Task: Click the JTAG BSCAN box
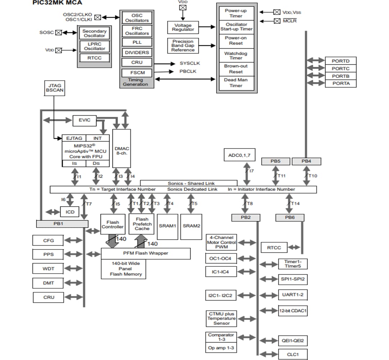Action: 54,88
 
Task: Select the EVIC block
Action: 85,120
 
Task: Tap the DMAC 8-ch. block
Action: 122,148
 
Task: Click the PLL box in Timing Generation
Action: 137,42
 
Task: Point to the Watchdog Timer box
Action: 236,56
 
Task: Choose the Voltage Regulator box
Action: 183,27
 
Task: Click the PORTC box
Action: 340,68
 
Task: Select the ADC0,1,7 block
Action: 240,155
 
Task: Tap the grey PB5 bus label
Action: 276,161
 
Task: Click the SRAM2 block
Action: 191,226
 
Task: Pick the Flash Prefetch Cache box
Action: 142,224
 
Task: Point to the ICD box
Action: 70,212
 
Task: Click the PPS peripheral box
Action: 48,254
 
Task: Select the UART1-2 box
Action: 293,295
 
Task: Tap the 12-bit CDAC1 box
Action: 293,311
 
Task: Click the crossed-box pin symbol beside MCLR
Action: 277,21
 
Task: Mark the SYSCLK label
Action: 190,63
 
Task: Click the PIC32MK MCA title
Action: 57,3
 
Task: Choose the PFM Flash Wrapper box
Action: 146,253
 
